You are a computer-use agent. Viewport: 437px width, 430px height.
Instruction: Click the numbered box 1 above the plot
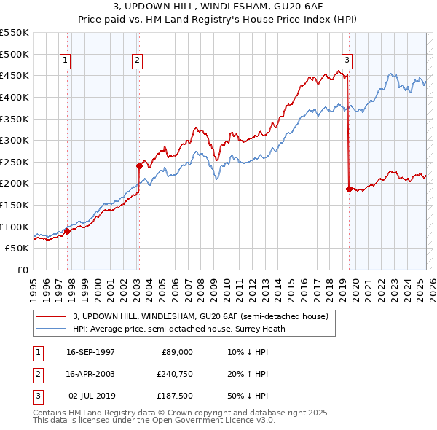(x=66, y=60)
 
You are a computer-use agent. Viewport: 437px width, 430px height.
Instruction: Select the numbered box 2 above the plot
(x=138, y=60)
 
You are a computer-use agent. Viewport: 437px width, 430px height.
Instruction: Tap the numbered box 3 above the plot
(x=347, y=60)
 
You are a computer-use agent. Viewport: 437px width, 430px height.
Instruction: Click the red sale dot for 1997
(x=68, y=231)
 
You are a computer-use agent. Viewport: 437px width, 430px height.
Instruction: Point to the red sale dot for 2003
(x=139, y=165)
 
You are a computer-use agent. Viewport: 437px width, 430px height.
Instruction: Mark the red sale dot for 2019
(x=349, y=189)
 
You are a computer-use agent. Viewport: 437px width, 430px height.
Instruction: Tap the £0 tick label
(x=23, y=270)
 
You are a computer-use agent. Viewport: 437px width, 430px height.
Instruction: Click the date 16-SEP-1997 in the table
(x=90, y=352)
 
